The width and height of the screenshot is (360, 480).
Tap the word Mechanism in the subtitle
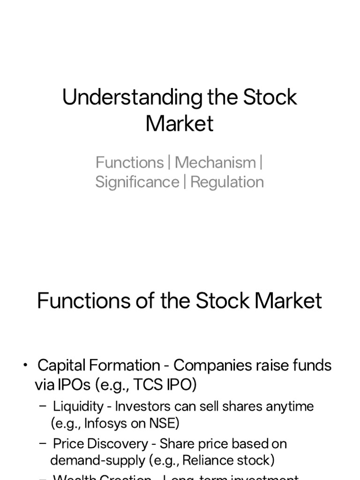[x=215, y=163]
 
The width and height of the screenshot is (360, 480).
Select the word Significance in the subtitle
[x=137, y=182]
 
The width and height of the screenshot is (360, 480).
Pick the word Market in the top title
[x=180, y=124]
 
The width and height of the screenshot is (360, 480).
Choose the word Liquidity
[x=77, y=406]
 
